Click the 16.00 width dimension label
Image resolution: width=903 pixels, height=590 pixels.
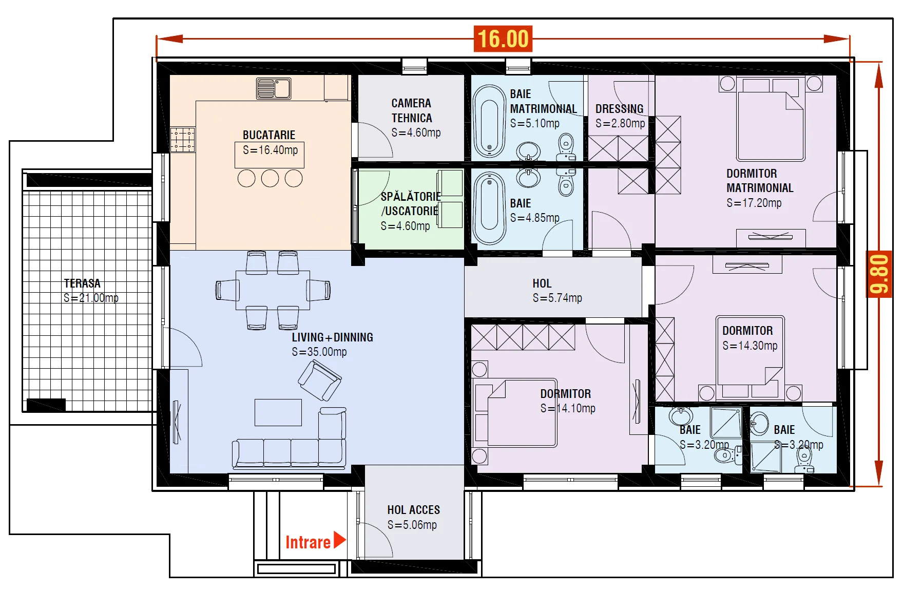tap(503, 39)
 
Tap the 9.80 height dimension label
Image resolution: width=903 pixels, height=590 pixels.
tap(879, 274)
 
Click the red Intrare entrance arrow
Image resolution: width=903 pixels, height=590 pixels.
tap(340, 540)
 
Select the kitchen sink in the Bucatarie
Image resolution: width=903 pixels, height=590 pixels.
tap(274, 88)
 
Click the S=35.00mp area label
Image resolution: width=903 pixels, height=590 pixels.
tap(319, 352)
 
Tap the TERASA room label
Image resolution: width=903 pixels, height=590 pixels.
tap(82, 283)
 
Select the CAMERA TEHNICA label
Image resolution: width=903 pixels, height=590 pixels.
tap(412, 110)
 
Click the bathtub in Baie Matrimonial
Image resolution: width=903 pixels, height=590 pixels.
tap(489, 121)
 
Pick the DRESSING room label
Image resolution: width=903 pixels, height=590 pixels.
tap(619, 109)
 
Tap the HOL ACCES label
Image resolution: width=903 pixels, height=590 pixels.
tap(414, 510)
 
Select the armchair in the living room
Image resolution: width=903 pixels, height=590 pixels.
tap(319, 380)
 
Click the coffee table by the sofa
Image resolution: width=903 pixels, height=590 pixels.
tap(278, 412)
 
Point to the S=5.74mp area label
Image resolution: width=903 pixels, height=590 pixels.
tap(558, 298)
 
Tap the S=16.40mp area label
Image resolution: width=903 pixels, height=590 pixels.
tap(270, 150)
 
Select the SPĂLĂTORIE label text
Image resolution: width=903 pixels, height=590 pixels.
tap(411, 197)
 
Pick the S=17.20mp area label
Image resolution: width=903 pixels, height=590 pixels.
tap(754, 203)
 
